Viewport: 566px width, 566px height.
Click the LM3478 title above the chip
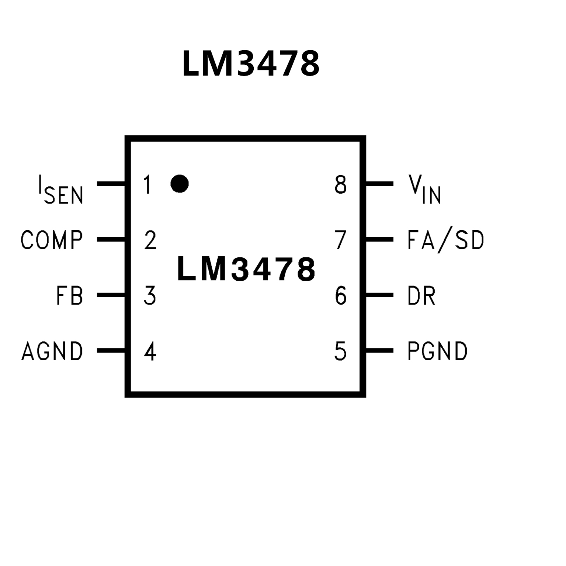[x=251, y=64]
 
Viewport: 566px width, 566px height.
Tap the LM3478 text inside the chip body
[x=246, y=269]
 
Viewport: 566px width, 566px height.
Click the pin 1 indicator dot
[x=180, y=184]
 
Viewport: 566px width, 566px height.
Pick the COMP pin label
[x=52, y=240]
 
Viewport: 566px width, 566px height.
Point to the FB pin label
[x=70, y=295]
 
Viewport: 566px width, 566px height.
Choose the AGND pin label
[x=52, y=351]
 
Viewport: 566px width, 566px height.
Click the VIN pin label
[x=424, y=189]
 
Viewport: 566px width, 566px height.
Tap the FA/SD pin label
[x=445, y=240]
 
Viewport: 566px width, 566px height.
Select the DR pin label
[x=421, y=295]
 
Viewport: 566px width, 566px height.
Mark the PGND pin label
[x=437, y=351]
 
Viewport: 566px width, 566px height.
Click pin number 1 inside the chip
[x=147, y=185]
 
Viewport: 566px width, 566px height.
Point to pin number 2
[x=150, y=240]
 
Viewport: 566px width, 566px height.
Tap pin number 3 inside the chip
[x=150, y=295]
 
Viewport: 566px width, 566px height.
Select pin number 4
[x=150, y=351]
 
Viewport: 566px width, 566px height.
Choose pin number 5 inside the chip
[x=340, y=351]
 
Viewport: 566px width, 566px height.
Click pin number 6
[x=341, y=295]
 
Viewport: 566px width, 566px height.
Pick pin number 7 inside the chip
[x=341, y=240]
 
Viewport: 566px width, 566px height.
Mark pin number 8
[x=341, y=185]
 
